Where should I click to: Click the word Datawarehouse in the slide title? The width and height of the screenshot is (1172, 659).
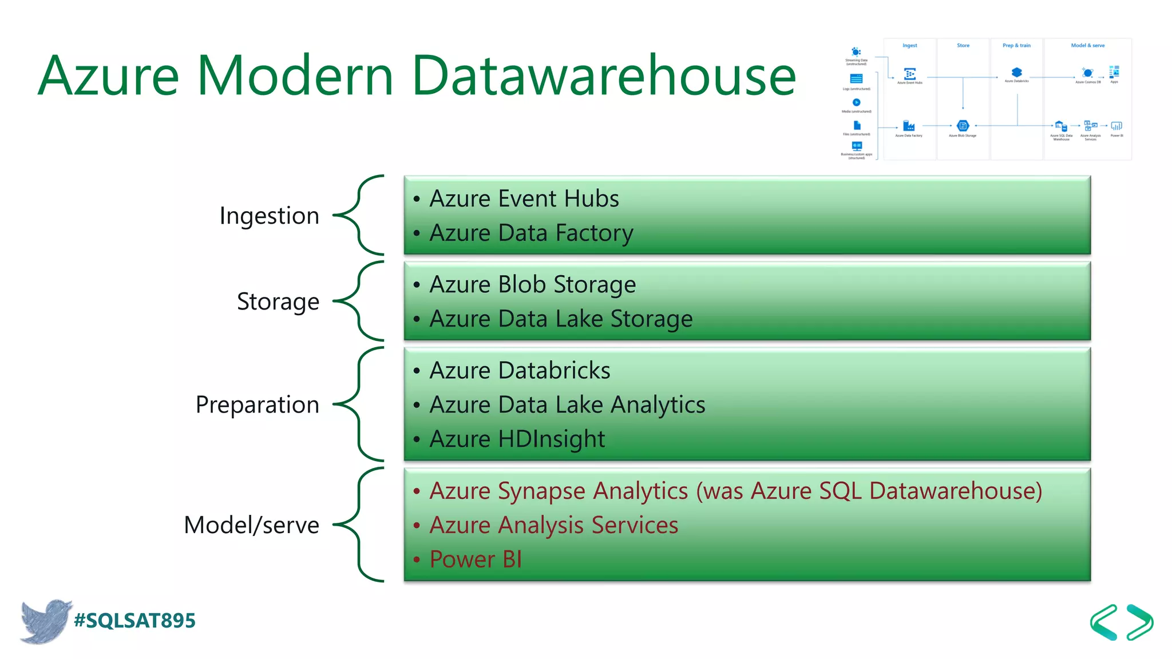(604, 76)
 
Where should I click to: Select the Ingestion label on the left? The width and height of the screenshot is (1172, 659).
(269, 216)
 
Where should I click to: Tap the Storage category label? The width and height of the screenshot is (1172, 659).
(278, 301)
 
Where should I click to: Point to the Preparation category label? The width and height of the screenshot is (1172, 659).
(258, 404)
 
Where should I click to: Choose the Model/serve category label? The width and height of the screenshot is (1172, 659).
(251, 525)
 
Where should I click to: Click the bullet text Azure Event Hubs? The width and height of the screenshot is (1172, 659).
(524, 199)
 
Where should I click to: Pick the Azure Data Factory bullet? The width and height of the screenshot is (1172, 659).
(531, 233)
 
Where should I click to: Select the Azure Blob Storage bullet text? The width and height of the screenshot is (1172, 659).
(532, 284)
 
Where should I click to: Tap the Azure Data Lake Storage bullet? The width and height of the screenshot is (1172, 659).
(561, 319)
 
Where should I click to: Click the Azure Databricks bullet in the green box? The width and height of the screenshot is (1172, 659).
(520, 370)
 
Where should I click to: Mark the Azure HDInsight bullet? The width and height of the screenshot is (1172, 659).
(517, 439)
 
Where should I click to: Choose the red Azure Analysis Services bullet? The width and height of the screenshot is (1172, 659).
(553, 525)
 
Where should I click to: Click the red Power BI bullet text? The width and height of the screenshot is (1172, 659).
(476, 559)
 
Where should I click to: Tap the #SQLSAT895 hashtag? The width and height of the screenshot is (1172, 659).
(135, 621)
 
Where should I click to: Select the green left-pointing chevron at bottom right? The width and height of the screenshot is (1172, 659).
(1104, 622)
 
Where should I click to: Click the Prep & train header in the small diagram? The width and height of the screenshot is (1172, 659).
(1016, 45)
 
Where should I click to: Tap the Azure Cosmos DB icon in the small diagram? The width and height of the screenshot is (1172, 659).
(1087, 73)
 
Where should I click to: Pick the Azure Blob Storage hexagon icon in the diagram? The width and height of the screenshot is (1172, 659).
(963, 126)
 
